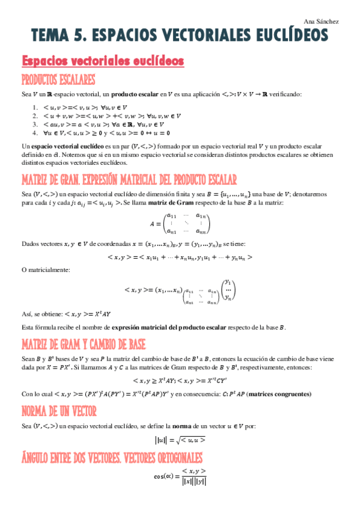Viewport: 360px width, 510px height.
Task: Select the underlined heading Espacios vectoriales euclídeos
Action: point(103,62)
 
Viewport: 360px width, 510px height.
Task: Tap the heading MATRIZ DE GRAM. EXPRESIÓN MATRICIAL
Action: point(129,180)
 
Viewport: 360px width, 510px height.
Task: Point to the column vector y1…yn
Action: point(227,290)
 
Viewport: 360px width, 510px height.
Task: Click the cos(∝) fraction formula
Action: point(180,476)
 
